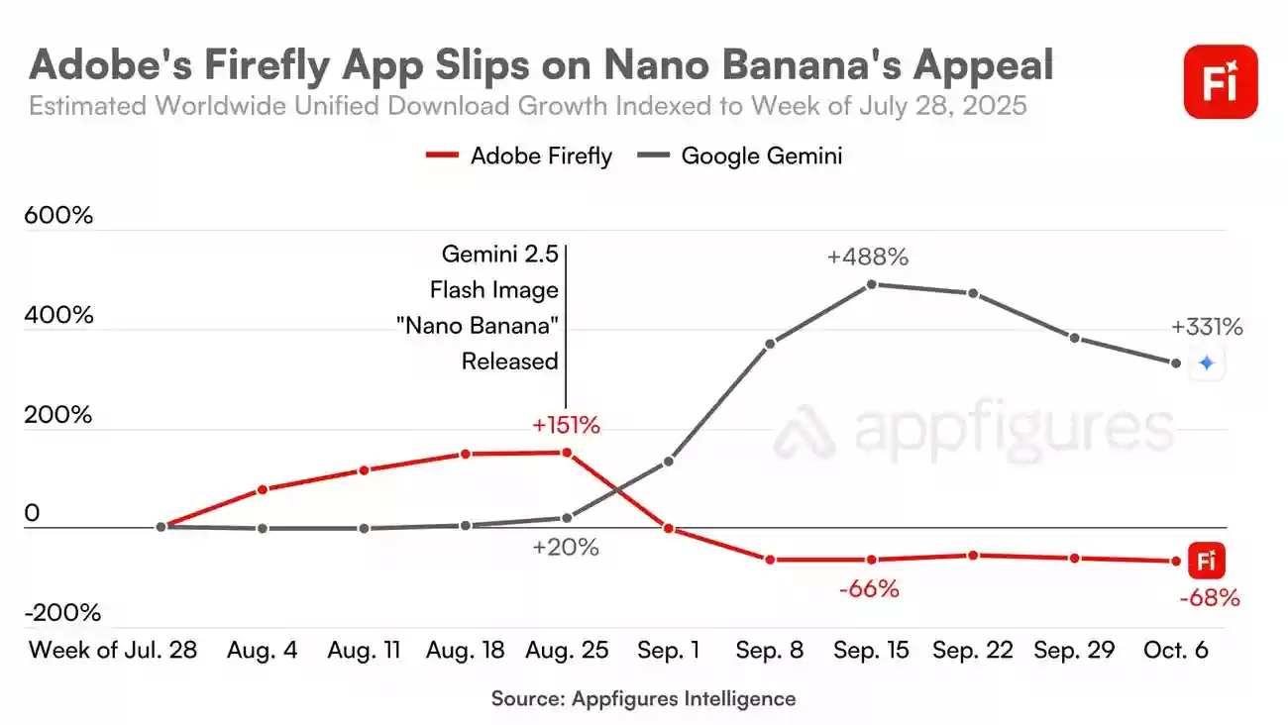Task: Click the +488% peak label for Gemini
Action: [868, 257]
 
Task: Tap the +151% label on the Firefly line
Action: [566, 426]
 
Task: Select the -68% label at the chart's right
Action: [1209, 598]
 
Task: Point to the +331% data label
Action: [1206, 328]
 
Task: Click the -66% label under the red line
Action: [869, 589]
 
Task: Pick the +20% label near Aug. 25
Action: [566, 547]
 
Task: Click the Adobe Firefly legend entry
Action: [519, 155]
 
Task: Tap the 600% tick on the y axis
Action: [58, 215]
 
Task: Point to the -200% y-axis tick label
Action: [63, 613]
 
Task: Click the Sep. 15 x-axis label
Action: [871, 651]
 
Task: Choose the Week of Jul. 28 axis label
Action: [113, 651]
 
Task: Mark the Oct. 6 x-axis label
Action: [1175, 651]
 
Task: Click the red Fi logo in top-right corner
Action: [1220, 82]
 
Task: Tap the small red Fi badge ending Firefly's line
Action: [1207, 562]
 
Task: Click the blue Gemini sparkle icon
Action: [1206, 363]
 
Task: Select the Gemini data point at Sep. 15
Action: [872, 284]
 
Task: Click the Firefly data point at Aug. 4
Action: [263, 489]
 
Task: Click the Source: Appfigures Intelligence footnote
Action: [643, 698]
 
